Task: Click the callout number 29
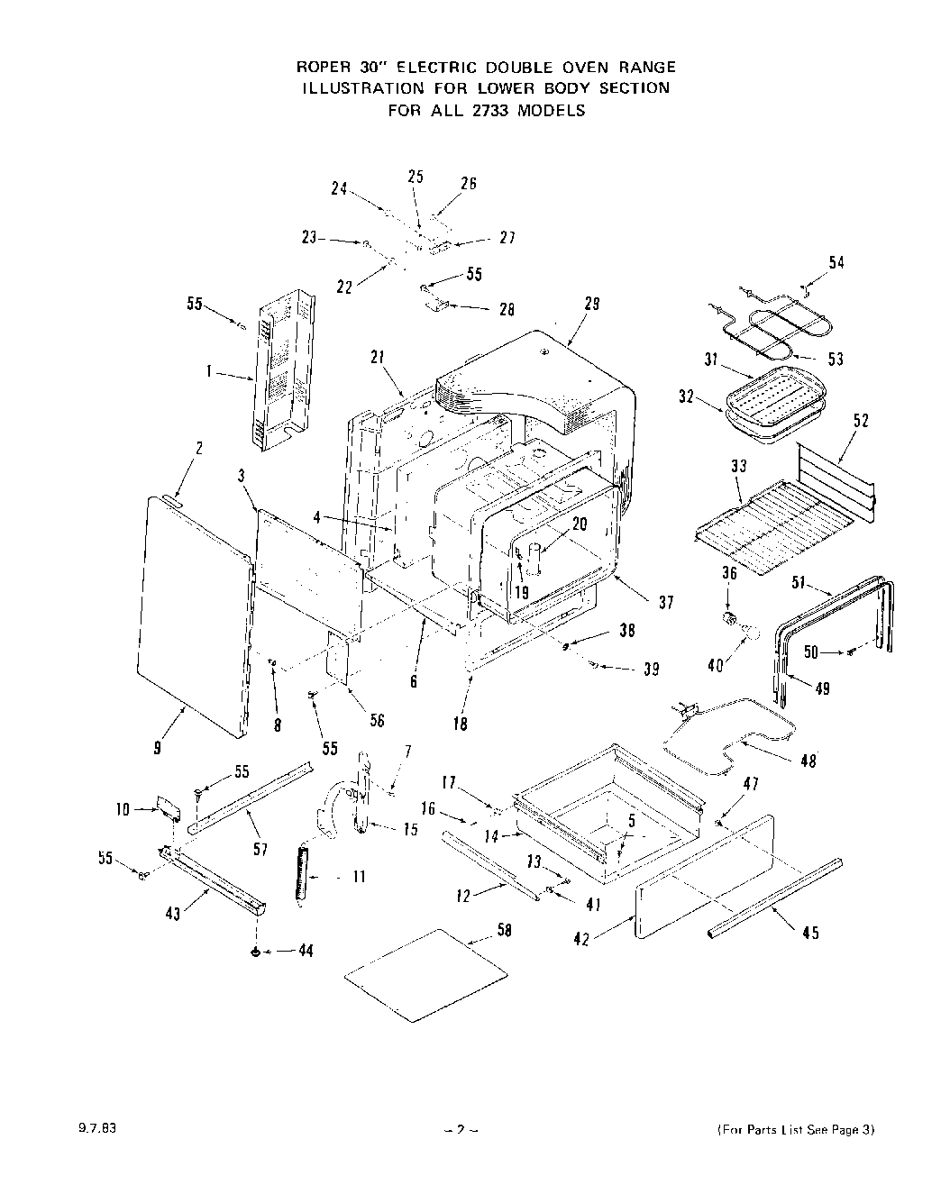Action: coord(591,305)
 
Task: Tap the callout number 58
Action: coord(505,930)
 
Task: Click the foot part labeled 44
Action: coord(257,952)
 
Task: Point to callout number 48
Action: coord(808,761)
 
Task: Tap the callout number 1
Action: coord(209,371)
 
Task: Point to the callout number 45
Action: coord(809,933)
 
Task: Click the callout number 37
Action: coord(665,603)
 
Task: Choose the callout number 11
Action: coord(358,877)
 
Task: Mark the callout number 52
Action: coord(861,420)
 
